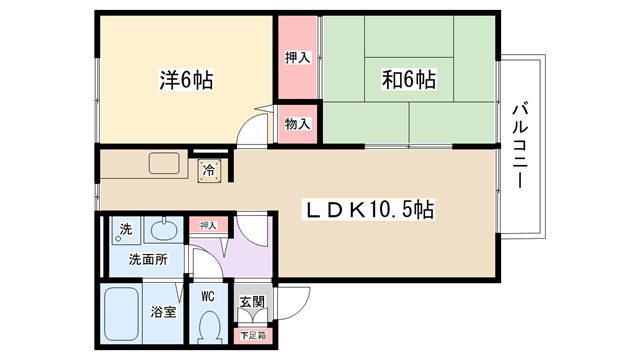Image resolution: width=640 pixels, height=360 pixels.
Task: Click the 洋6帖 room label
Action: [186, 80]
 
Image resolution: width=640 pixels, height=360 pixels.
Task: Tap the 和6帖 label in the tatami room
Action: [409, 79]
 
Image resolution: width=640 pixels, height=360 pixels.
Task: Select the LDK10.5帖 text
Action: [369, 209]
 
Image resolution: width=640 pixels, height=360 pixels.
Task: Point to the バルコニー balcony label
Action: [520, 146]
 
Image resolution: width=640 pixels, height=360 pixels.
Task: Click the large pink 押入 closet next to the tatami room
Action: [298, 57]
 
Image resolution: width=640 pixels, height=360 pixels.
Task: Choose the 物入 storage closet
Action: [298, 124]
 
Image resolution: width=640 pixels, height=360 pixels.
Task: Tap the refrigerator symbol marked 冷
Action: [209, 171]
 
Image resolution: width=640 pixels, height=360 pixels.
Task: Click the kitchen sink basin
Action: [164, 163]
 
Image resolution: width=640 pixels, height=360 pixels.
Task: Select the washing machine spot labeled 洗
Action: [126, 229]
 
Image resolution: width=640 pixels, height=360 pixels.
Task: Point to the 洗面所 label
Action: [148, 259]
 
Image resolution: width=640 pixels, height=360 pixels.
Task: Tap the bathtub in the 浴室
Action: [121, 313]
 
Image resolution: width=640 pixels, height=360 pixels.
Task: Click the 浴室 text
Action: [163, 312]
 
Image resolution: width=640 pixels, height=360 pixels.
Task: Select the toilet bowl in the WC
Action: [210, 327]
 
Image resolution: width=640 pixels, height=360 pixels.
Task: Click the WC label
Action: [208, 297]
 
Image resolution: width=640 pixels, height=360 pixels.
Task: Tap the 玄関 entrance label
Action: [252, 302]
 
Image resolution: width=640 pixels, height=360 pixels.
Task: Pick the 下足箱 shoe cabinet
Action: [253, 336]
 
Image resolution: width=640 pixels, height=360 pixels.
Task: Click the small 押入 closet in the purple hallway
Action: [208, 225]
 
